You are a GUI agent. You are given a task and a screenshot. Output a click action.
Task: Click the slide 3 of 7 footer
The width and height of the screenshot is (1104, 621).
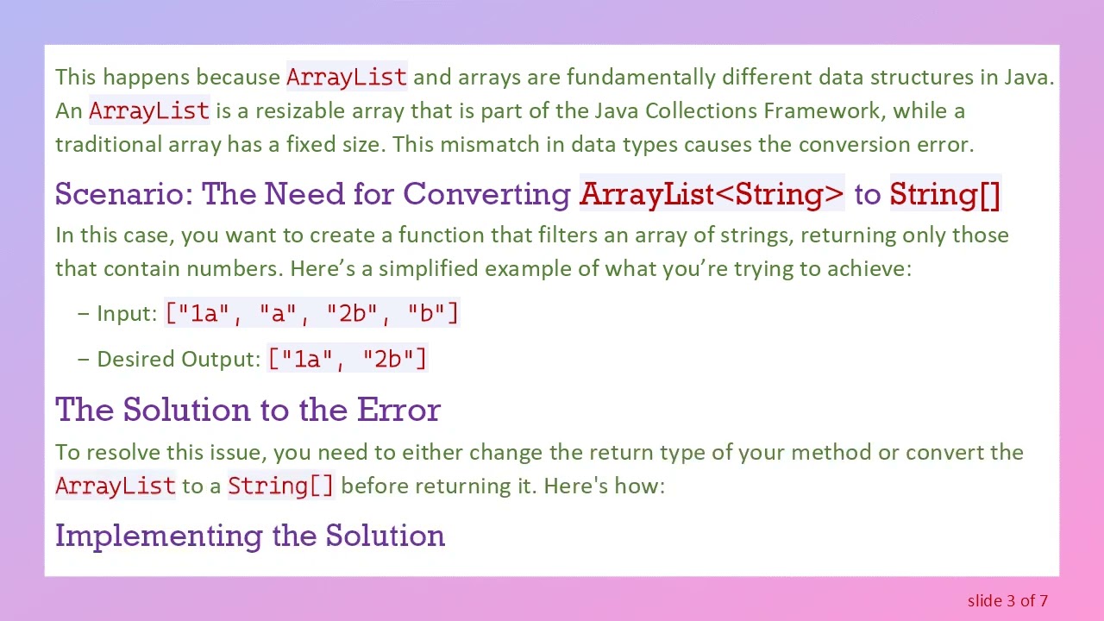(1007, 600)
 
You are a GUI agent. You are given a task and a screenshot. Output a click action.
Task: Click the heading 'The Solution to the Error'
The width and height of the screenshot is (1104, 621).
(248, 409)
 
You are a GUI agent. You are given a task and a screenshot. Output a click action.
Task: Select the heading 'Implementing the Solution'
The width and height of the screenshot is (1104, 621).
(250, 535)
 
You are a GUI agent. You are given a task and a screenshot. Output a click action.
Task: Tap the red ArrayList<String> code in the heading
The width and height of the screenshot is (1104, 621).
(712, 194)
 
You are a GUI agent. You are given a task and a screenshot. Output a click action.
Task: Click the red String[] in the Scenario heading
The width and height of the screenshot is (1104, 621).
(944, 194)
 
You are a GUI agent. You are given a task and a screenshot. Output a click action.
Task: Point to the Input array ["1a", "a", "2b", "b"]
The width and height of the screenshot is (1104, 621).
(312, 313)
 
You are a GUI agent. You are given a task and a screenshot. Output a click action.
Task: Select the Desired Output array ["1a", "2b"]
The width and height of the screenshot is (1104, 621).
(348, 359)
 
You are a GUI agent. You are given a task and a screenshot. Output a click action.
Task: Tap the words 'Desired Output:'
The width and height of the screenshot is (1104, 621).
(179, 359)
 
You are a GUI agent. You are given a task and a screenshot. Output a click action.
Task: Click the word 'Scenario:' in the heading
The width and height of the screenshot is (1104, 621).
(124, 194)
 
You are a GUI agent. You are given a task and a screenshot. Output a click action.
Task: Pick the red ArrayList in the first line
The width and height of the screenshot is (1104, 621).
(347, 77)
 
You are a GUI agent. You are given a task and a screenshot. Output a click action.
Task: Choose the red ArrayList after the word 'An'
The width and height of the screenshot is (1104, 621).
(149, 110)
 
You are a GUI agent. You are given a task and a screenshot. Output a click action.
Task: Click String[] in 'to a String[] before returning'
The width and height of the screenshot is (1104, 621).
(280, 486)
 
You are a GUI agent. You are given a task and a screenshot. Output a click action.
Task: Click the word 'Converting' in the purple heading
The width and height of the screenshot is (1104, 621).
(487, 194)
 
